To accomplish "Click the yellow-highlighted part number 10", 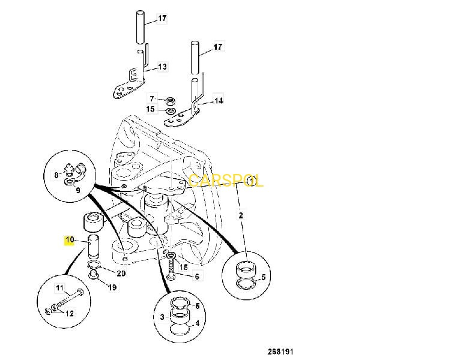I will [69, 239].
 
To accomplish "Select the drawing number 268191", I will [280, 351].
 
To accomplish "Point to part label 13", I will [162, 67].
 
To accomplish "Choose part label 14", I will [218, 101].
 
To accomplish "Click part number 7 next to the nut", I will [153, 97].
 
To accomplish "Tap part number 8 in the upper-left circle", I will [56, 175].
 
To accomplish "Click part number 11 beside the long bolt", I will [59, 288].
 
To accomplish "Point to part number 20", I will [121, 274].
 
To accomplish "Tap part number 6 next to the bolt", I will [196, 277].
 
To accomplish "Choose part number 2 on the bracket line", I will [241, 214].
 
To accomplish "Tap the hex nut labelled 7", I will [169, 99].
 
